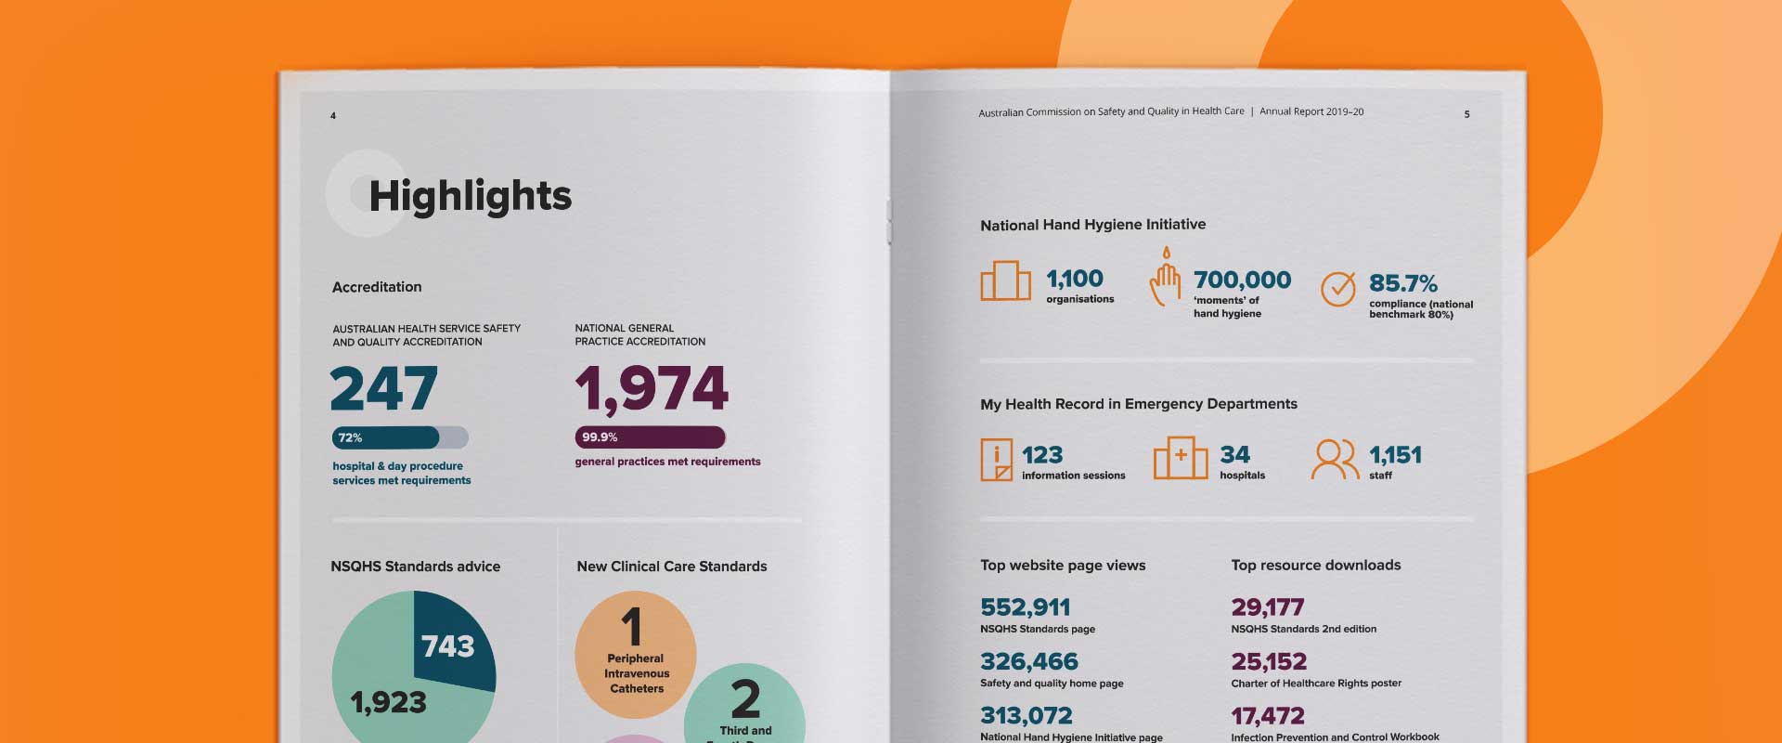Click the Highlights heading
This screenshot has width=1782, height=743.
[470, 197]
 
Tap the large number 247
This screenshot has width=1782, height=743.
[383, 389]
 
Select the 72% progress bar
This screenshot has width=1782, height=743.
[399, 437]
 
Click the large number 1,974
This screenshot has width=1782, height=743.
[652, 389]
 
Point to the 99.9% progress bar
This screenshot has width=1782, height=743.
[650, 437]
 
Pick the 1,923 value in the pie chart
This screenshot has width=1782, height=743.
[388, 702]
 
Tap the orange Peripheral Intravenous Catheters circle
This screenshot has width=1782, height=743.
[636, 656]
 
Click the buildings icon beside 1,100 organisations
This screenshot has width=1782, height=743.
[1005, 280]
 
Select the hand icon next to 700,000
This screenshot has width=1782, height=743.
[1165, 278]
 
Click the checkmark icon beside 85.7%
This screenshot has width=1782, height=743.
[1337, 289]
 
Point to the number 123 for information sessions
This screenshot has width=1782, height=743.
[1042, 455]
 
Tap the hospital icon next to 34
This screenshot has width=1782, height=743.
[1180, 458]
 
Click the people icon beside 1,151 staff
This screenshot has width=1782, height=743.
[1335, 459]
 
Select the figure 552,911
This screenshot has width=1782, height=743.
[1026, 607]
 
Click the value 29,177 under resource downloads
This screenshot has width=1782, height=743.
[1267, 607]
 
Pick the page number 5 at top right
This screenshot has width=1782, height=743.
[1466, 114]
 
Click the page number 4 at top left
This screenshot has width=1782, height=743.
[333, 116]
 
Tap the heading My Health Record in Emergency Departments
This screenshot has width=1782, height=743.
[1139, 404]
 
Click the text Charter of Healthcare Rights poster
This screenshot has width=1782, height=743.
[1316, 684]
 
